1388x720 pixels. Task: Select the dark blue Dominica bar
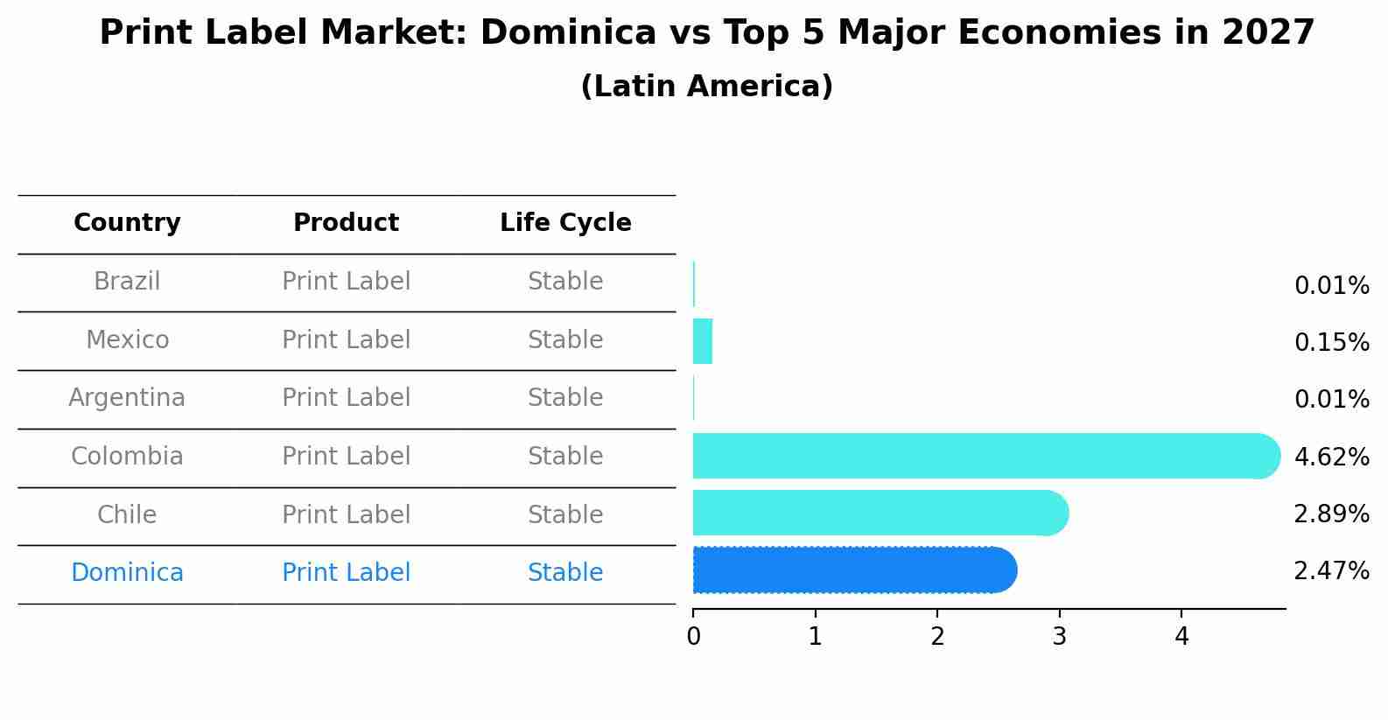(853, 570)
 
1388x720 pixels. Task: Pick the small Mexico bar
(703, 341)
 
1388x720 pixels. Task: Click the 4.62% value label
(1331, 457)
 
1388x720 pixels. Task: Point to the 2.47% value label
(1331, 571)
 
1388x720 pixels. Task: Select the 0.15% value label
(1331, 342)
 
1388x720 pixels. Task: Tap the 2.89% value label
(1331, 514)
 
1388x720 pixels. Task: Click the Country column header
(127, 223)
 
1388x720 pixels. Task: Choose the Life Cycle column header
(565, 223)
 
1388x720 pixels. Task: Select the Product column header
(346, 223)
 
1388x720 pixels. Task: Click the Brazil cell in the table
(127, 282)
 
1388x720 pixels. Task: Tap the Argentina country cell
(127, 398)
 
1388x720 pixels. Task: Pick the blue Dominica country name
(127, 573)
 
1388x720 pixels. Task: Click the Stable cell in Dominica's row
(565, 573)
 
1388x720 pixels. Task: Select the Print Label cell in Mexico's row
(346, 340)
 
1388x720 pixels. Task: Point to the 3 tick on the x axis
(1059, 637)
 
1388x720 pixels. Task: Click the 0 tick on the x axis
(693, 637)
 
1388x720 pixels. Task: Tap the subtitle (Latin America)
(706, 87)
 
